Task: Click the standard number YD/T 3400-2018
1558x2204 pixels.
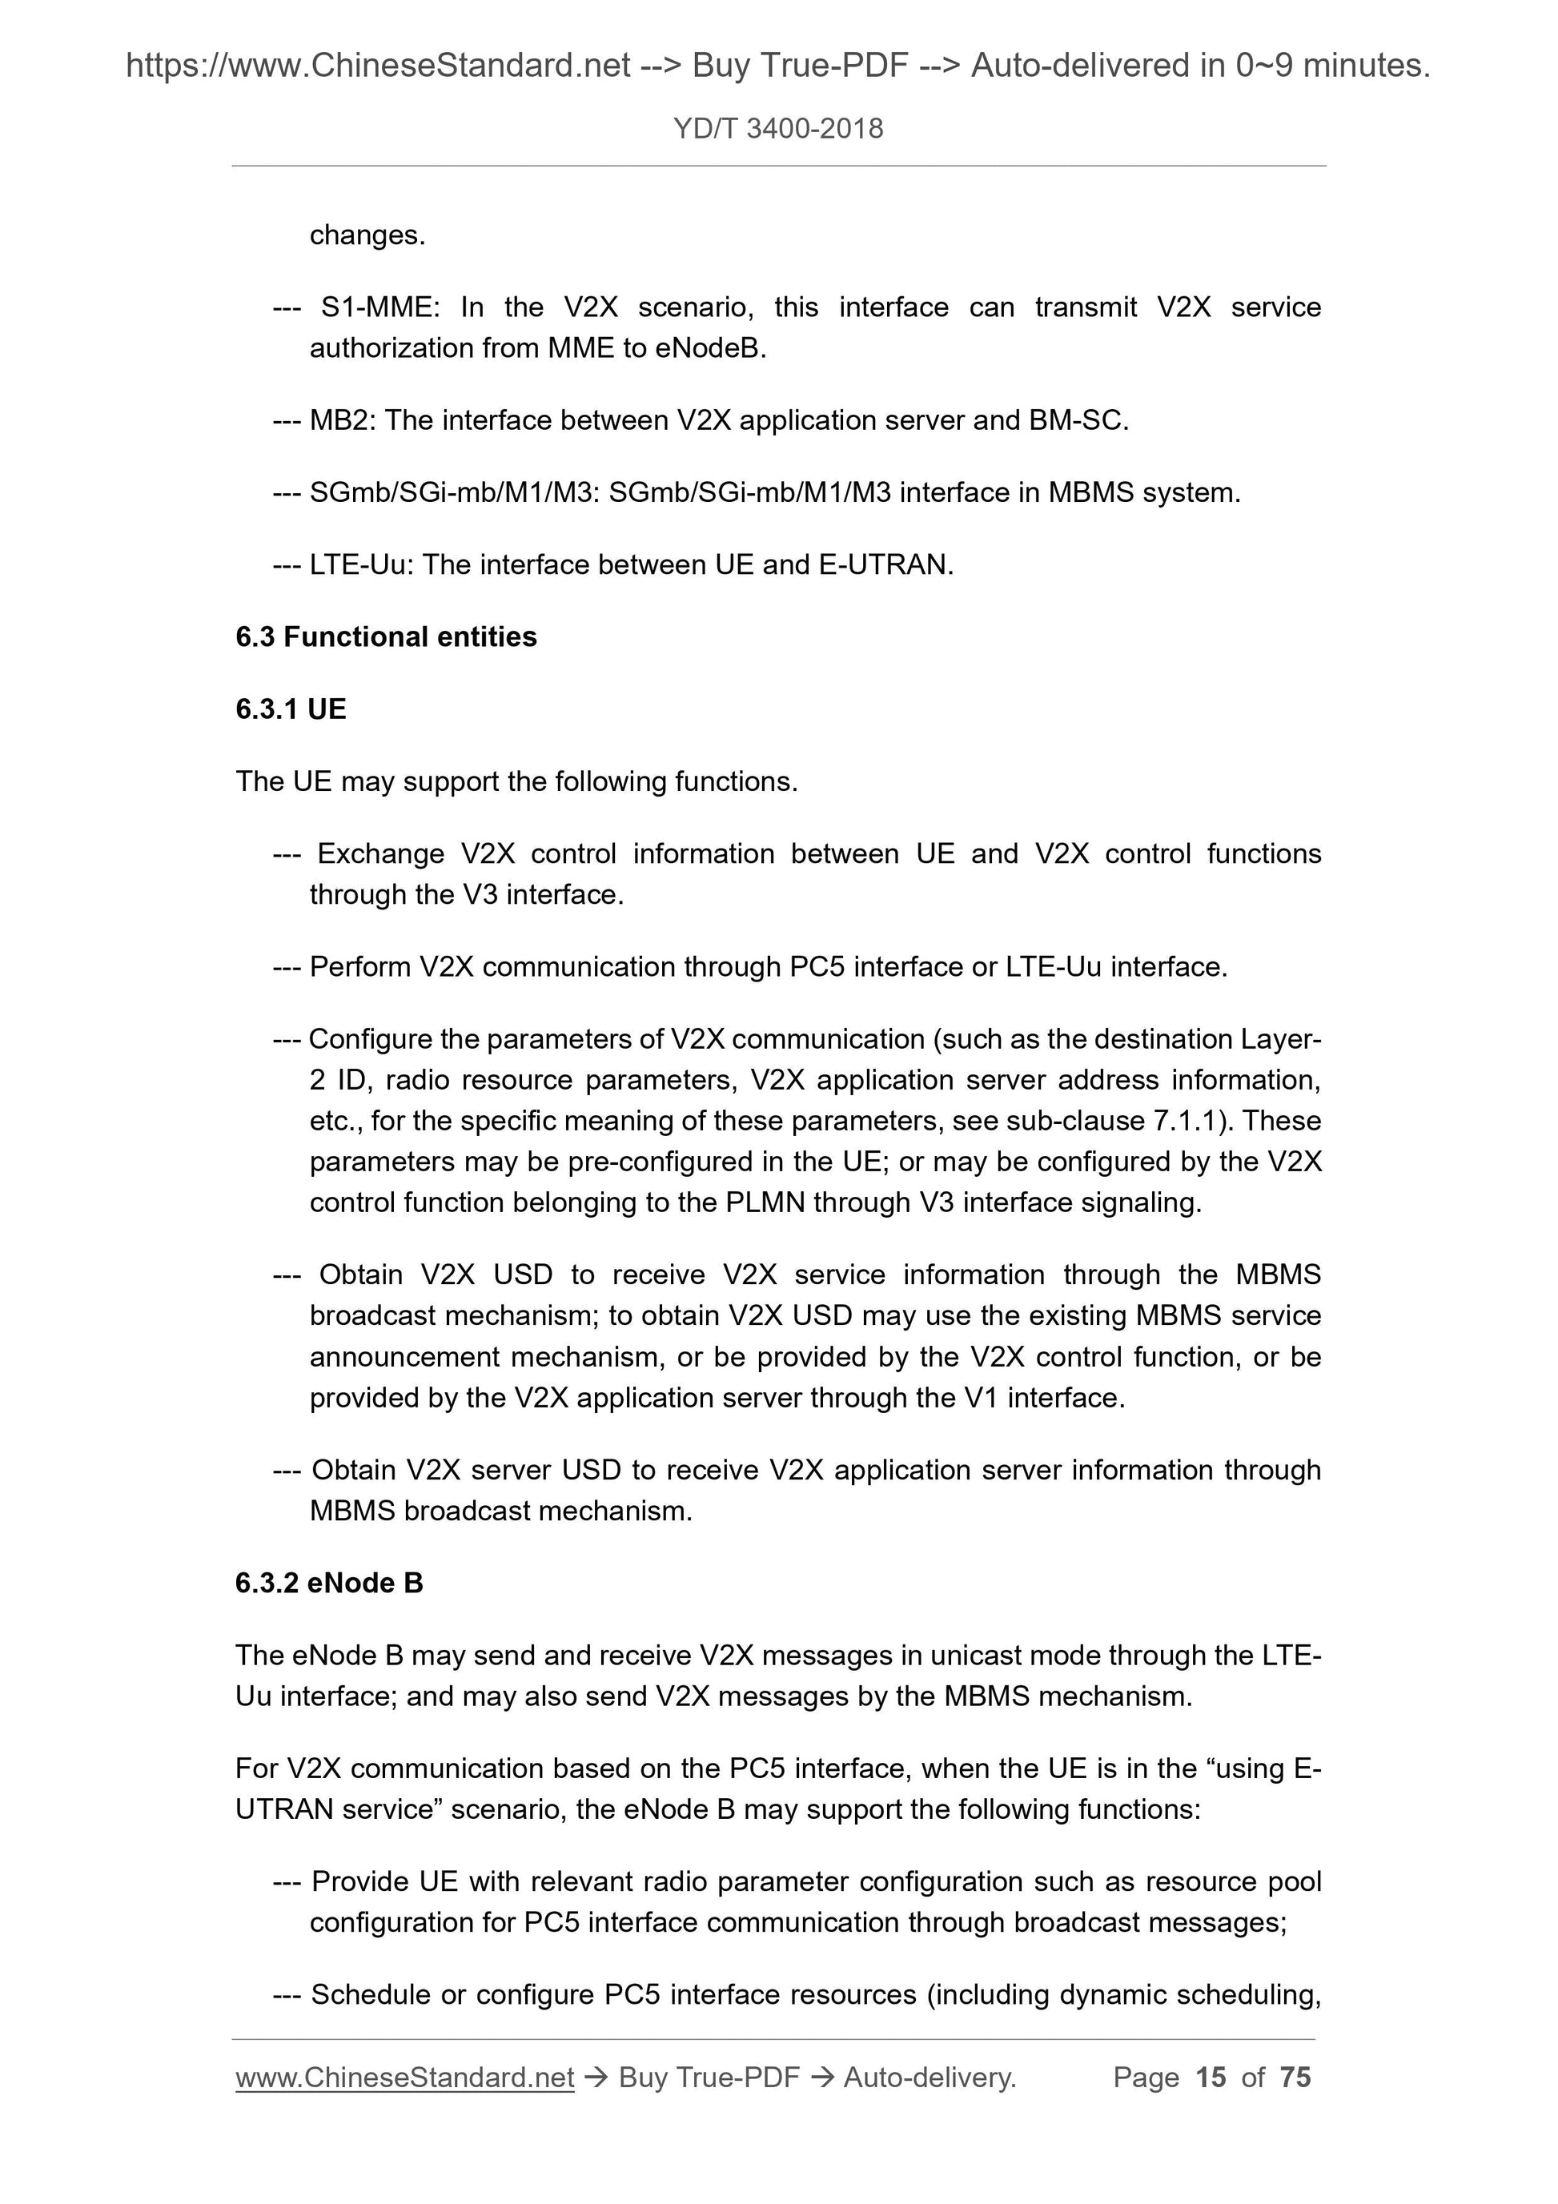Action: pos(777,129)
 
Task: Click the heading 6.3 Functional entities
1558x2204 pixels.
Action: pos(386,636)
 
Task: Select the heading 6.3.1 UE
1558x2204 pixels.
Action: pos(291,709)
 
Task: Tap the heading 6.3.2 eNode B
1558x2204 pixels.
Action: pos(329,1583)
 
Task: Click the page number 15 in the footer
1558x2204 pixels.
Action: pos(1211,2078)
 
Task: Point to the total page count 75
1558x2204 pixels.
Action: pos(1295,2078)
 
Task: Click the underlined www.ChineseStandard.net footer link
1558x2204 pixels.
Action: pos(405,2078)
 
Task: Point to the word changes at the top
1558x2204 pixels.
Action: pos(367,235)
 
